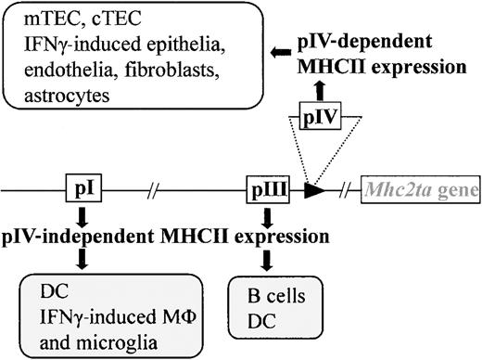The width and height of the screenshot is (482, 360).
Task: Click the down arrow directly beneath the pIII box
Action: click(x=269, y=217)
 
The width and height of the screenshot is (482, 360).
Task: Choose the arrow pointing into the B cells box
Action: click(x=269, y=264)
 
